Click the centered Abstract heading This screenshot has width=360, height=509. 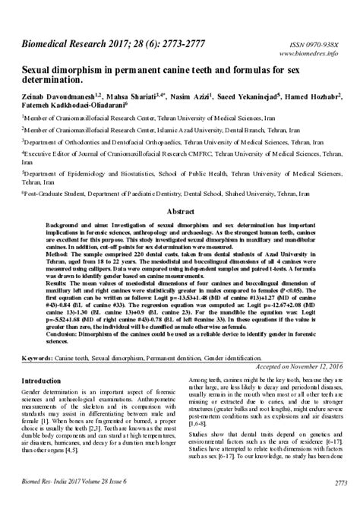180,211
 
